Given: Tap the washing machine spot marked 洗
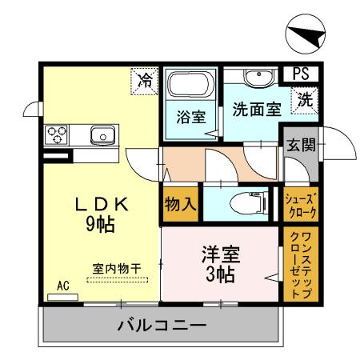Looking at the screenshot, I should (x=305, y=101).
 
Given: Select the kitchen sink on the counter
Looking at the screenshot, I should (x=102, y=134).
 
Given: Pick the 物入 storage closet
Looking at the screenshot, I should (x=180, y=204).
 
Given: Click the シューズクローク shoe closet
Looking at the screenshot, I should (x=302, y=206).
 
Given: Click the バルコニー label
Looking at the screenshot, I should (x=162, y=326).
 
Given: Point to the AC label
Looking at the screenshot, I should (x=62, y=285).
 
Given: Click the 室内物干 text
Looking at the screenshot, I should (x=117, y=269).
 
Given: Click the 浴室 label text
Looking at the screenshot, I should (x=190, y=117).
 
